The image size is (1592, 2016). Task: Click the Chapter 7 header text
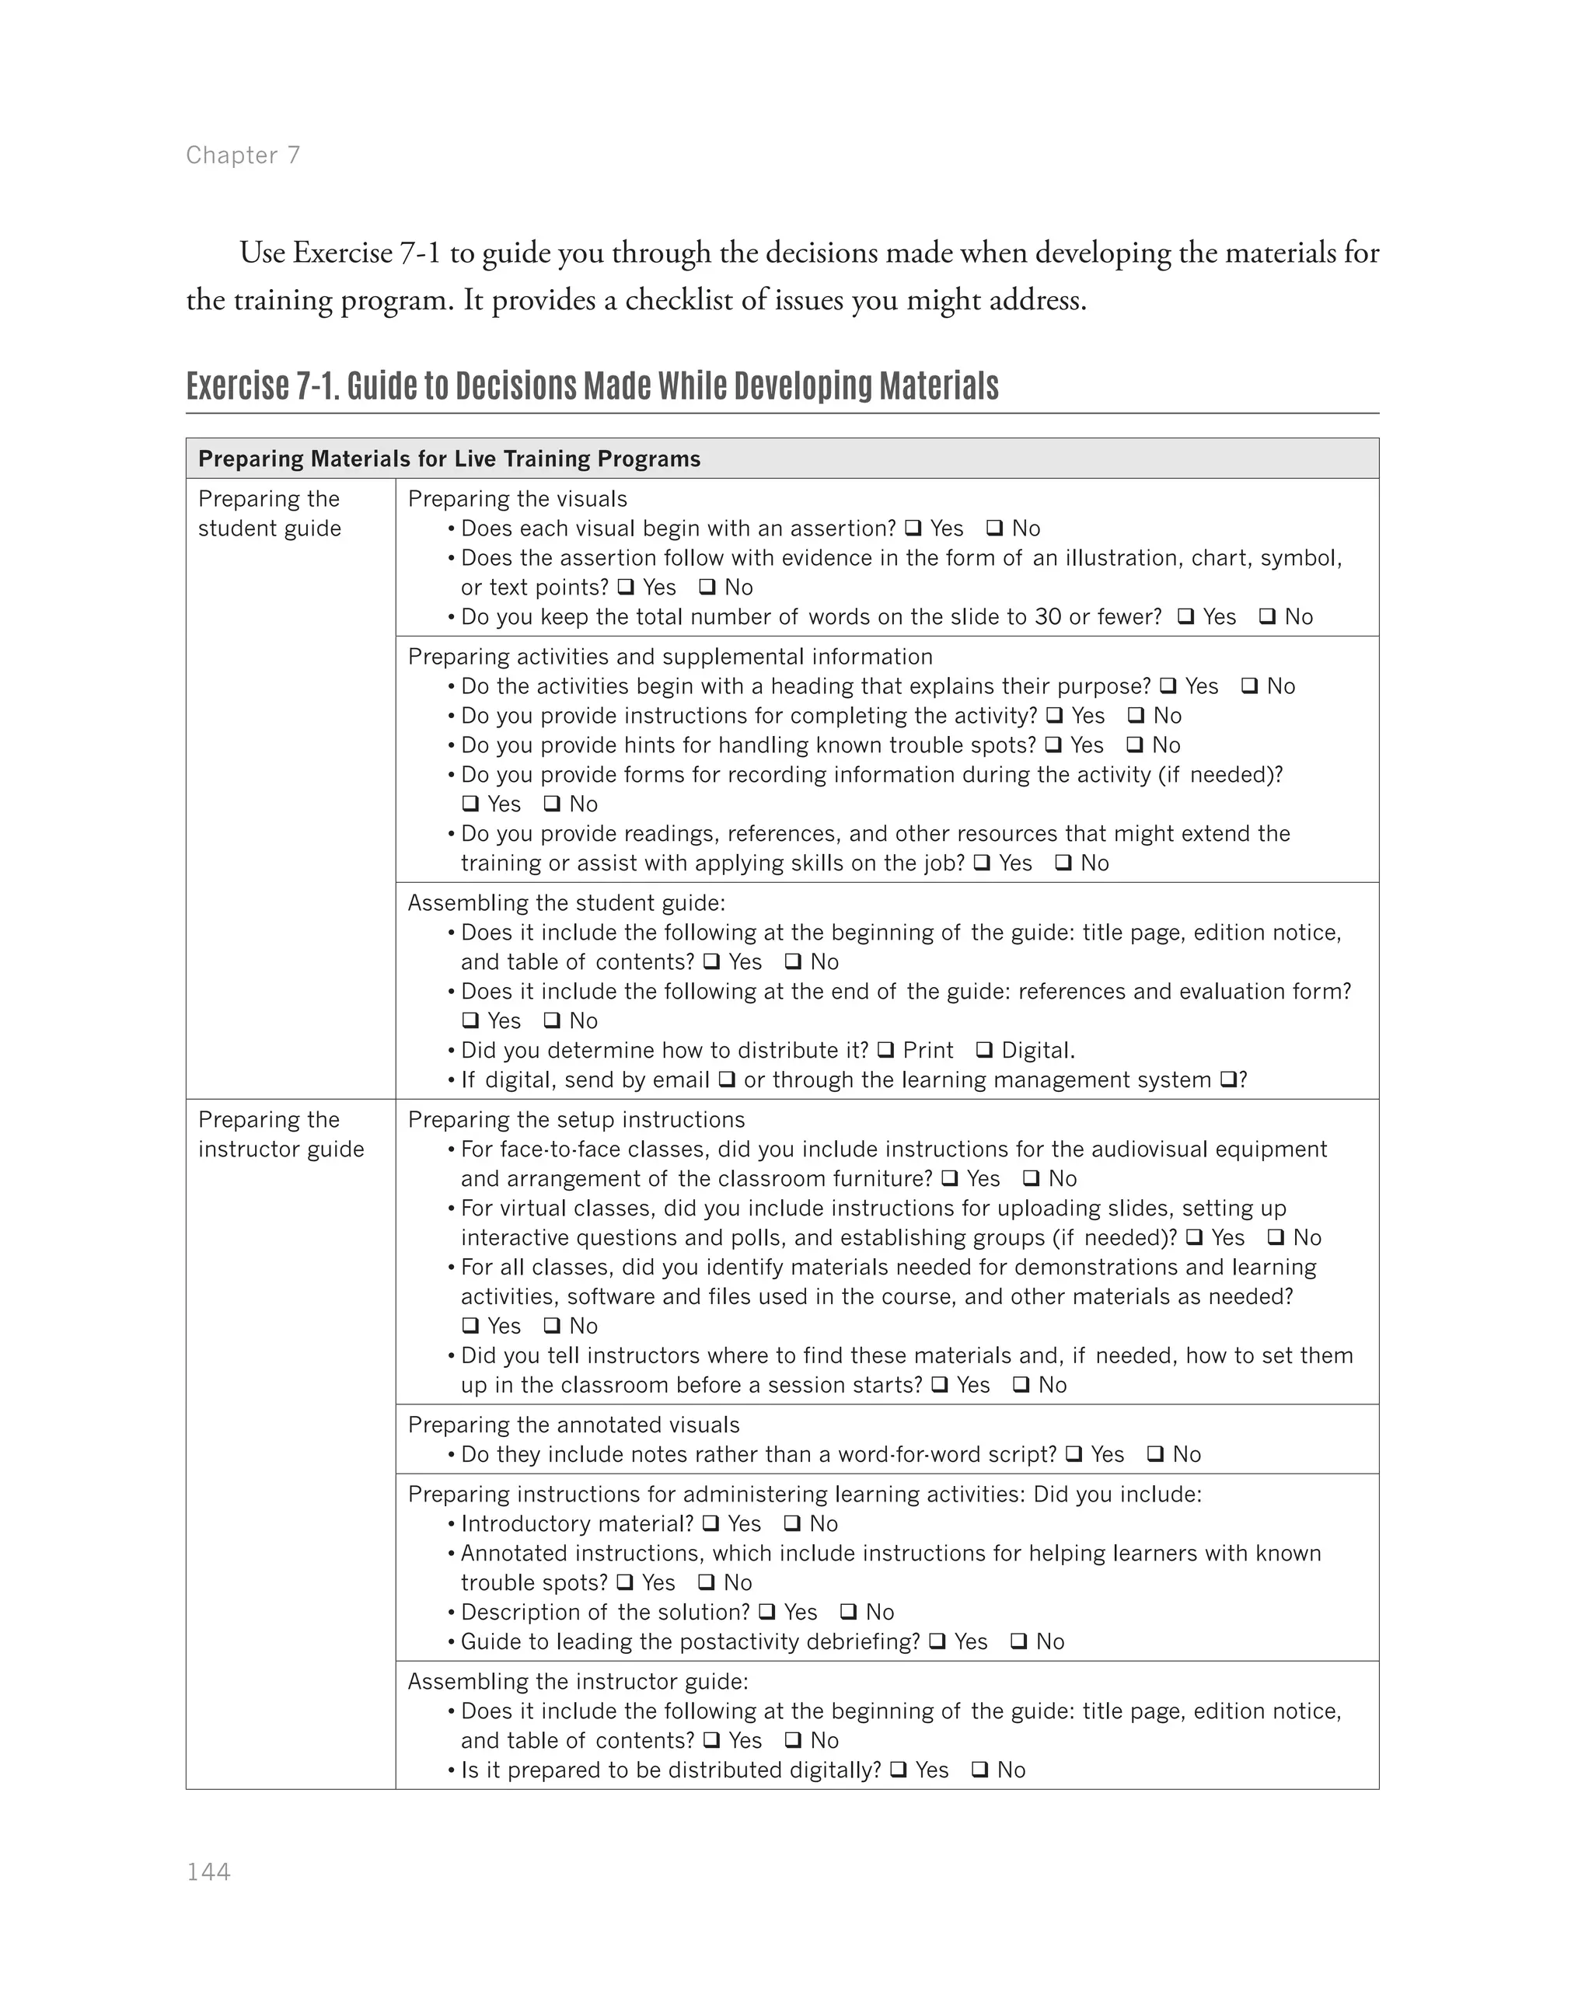pyautogui.click(x=243, y=155)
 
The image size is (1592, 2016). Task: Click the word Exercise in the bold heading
pyautogui.click(x=238, y=385)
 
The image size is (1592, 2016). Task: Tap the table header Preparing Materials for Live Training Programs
pyautogui.click(x=449, y=459)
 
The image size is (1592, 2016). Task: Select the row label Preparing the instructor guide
pyautogui.click(x=280, y=1134)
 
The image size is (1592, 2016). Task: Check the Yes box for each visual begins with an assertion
pyautogui.click(x=913, y=528)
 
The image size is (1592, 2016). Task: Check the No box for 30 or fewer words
pyautogui.click(x=1268, y=617)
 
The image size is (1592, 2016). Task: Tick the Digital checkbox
pyautogui.click(x=984, y=1051)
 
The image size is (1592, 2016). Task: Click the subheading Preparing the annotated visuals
pyautogui.click(x=573, y=1425)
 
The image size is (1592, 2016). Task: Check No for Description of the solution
pyautogui.click(x=848, y=1613)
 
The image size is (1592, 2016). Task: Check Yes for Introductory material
pyautogui.click(x=711, y=1524)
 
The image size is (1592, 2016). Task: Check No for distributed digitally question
pyautogui.click(x=979, y=1770)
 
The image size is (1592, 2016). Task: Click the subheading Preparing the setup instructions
pyautogui.click(x=576, y=1119)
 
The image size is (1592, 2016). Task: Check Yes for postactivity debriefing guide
pyautogui.click(x=937, y=1641)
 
